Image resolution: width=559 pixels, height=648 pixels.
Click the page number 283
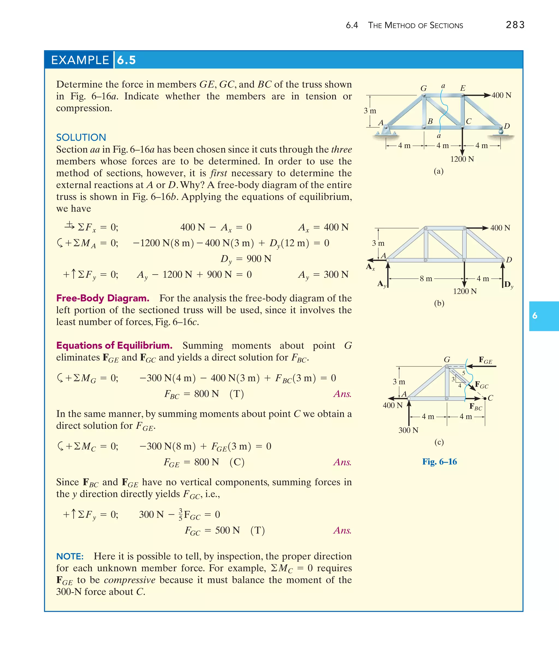click(x=515, y=25)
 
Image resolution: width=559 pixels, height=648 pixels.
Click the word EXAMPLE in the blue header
click(x=80, y=60)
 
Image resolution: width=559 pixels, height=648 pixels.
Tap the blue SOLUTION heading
click(x=81, y=137)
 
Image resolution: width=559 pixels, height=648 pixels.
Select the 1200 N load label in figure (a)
click(x=462, y=159)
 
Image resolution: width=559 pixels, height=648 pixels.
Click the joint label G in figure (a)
click(x=423, y=89)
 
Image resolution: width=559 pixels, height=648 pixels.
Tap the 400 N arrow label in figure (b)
click(x=500, y=228)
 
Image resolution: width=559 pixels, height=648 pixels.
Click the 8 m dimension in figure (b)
click(x=426, y=279)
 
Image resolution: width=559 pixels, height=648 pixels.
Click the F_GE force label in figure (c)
click(x=485, y=360)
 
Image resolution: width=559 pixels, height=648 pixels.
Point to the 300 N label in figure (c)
click(x=408, y=430)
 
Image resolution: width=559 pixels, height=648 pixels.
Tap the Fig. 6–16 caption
click(x=439, y=462)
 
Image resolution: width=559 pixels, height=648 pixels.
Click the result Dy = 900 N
click(x=246, y=259)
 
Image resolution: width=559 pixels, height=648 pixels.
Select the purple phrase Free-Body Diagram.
click(x=103, y=298)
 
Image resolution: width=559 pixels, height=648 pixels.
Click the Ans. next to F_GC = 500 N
click(x=342, y=531)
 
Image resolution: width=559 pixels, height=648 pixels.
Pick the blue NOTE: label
click(x=70, y=556)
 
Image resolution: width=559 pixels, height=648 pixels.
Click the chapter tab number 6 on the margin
click(x=535, y=316)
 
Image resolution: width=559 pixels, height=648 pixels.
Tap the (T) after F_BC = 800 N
click(x=236, y=394)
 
